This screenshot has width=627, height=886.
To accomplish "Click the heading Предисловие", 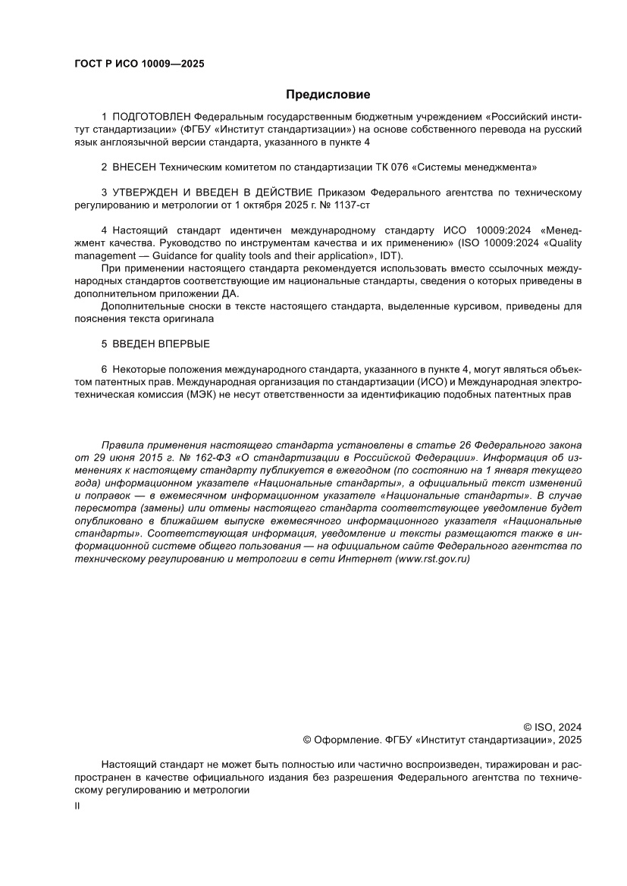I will coord(328,95).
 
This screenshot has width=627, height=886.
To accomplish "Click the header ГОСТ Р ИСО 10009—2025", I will coord(139,64).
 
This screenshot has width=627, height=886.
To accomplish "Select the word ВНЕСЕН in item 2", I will coord(135,167).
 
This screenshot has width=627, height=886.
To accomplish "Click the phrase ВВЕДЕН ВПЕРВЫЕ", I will coord(161,343).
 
